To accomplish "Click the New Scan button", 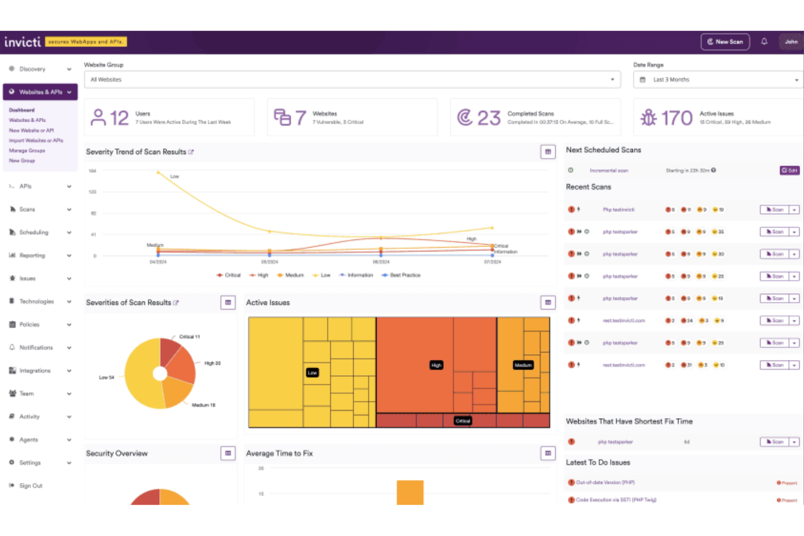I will (x=725, y=42).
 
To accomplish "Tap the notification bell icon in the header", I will (x=764, y=42).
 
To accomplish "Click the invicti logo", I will (x=22, y=42).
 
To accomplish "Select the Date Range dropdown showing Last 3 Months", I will (x=718, y=80).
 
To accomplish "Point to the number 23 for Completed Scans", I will (x=488, y=118).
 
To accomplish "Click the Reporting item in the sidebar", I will (x=33, y=255).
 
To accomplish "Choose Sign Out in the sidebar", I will (x=31, y=486).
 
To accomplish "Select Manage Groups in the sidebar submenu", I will (x=27, y=150).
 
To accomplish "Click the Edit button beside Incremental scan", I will (x=789, y=171).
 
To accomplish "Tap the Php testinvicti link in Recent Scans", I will (x=618, y=210).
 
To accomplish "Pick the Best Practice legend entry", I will (x=405, y=275).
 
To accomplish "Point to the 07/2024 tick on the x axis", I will (x=492, y=262).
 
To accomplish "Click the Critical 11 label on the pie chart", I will (x=190, y=337).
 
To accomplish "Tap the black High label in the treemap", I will (x=436, y=365).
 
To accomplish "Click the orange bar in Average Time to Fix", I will (x=410, y=492).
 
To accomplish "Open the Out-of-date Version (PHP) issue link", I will (x=605, y=483).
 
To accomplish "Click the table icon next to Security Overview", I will (x=228, y=453).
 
